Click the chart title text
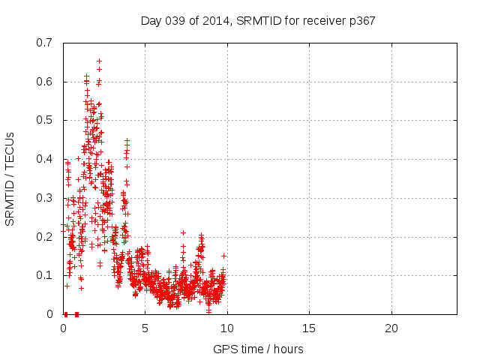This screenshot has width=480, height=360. [258, 20]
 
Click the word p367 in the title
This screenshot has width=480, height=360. [361, 20]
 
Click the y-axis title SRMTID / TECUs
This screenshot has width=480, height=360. [10, 178]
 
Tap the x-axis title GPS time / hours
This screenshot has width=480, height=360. [258, 349]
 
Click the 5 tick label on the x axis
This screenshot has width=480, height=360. [145, 328]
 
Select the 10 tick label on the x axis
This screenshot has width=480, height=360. [227, 328]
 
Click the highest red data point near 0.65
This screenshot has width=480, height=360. [99, 61]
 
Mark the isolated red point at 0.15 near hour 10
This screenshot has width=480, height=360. [223, 256]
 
